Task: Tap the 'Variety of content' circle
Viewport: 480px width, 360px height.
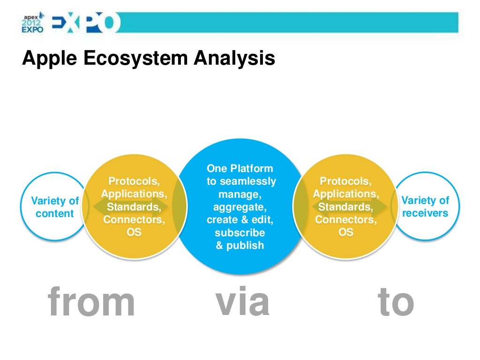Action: click(55, 207)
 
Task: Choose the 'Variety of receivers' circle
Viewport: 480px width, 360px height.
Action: click(425, 207)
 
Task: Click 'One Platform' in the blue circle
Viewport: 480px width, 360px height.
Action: click(240, 169)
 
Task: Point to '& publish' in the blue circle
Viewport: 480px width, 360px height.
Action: click(240, 246)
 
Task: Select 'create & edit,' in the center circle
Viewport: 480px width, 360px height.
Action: click(240, 220)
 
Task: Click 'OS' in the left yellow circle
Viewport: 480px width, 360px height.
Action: click(134, 232)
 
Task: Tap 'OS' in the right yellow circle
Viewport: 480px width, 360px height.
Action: click(346, 232)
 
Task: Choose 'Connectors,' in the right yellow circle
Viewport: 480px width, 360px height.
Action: click(346, 219)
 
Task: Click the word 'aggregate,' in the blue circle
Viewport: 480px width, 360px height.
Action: click(240, 207)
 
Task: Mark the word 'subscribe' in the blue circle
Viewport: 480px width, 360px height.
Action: click(240, 233)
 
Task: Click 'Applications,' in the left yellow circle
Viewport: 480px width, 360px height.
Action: click(134, 194)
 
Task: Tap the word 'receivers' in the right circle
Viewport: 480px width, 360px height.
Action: click(425, 213)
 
